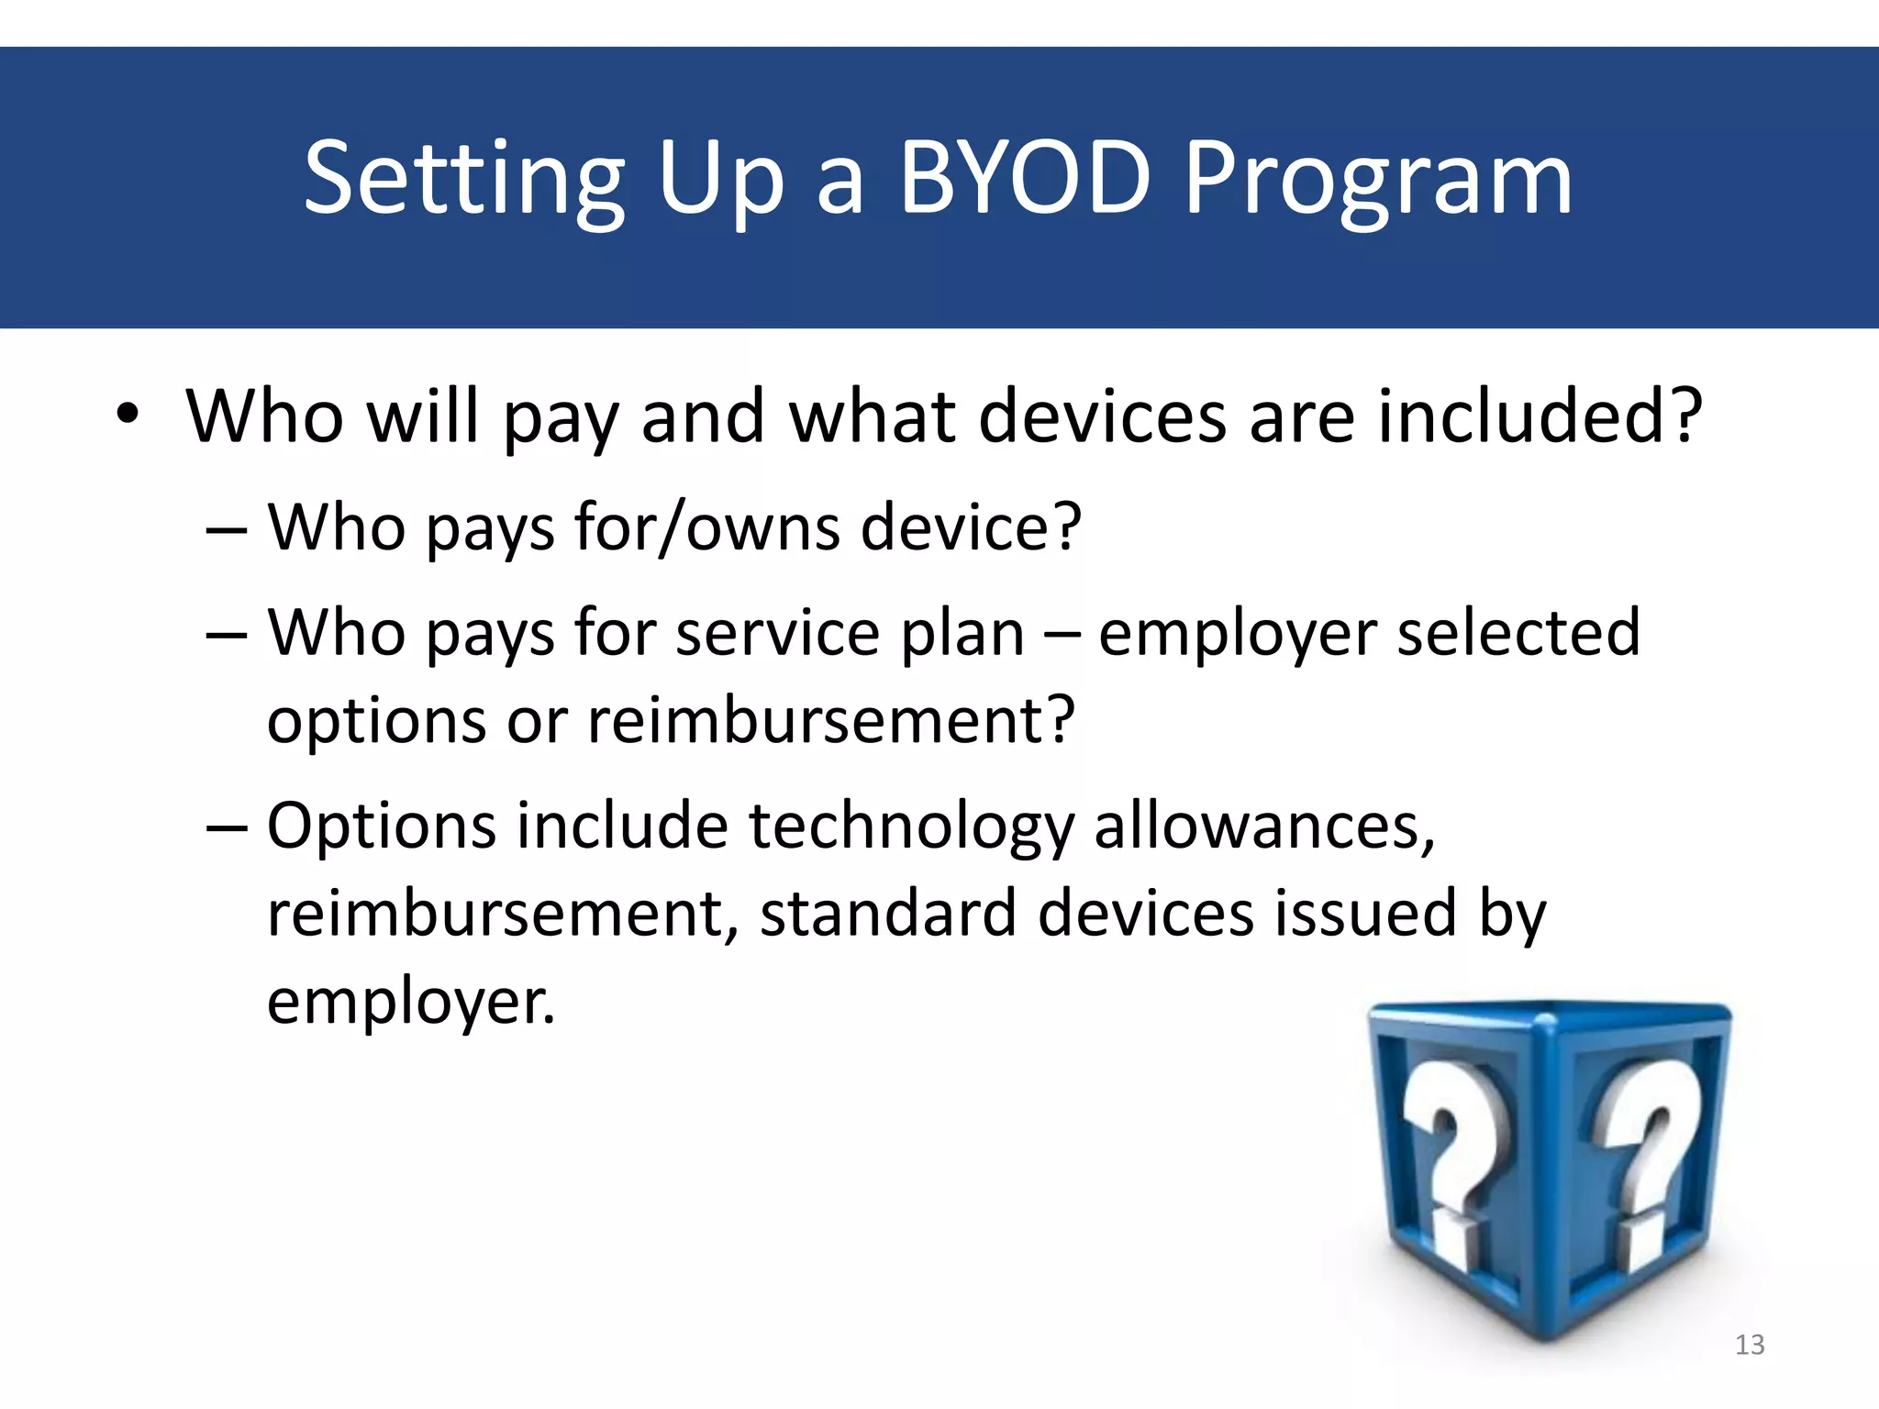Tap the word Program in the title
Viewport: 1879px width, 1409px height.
click(x=1378, y=180)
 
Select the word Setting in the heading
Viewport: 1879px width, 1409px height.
click(x=464, y=180)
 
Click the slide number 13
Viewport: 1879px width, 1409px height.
click(x=1750, y=1345)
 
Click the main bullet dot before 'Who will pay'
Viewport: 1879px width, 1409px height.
click(x=128, y=414)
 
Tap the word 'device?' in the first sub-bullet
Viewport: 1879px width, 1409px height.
click(x=972, y=527)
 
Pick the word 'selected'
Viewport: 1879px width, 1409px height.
click(x=1518, y=633)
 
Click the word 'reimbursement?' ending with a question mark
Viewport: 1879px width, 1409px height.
click(x=831, y=720)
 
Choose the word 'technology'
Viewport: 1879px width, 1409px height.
click(x=911, y=826)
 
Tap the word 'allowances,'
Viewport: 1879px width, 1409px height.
click(x=1264, y=826)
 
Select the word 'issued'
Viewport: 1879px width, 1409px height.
click(x=1366, y=914)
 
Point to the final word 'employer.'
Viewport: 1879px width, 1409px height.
click(x=411, y=1001)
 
